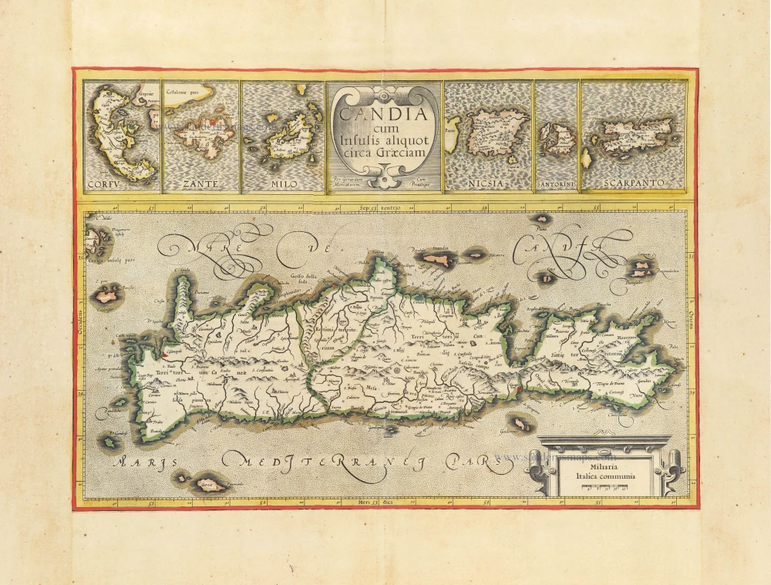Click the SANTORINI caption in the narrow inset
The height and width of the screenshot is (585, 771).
point(556,185)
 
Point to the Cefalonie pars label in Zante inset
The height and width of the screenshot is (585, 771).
point(187,92)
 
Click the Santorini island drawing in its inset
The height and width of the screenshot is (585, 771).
point(556,139)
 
